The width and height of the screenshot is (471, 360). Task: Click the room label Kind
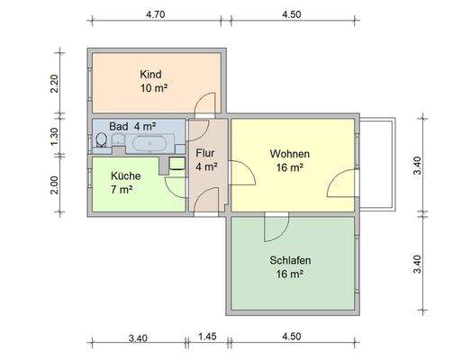[x=151, y=74]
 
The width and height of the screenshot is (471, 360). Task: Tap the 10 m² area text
[x=153, y=88]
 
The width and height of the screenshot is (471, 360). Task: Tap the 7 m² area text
[x=122, y=189]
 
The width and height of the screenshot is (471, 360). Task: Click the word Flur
[x=206, y=152]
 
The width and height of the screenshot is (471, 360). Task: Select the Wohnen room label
[x=289, y=153]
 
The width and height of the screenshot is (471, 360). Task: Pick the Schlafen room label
[x=290, y=261]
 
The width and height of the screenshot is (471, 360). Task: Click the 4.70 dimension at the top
[x=157, y=14]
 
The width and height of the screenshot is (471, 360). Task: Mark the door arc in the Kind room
[x=206, y=102]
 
